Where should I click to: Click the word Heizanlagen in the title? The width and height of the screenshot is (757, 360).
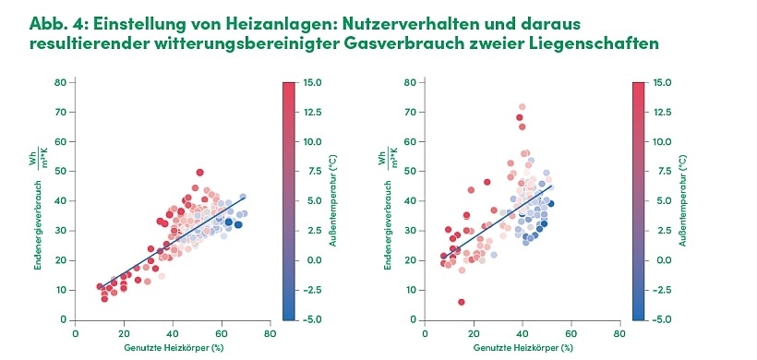(x=230, y=21)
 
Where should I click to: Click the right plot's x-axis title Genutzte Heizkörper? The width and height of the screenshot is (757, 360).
(x=523, y=348)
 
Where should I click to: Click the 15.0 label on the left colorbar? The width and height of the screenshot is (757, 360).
(x=312, y=82)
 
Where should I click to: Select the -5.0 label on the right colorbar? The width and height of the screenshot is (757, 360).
(x=662, y=319)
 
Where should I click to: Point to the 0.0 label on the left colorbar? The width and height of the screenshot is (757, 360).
(x=312, y=260)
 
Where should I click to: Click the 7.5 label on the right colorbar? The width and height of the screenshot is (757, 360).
(x=662, y=172)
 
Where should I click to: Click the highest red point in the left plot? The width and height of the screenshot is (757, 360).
(x=199, y=173)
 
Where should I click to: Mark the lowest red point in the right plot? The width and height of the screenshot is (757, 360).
(x=462, y=302)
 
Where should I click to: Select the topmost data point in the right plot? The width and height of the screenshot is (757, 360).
(x=522, y=107)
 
